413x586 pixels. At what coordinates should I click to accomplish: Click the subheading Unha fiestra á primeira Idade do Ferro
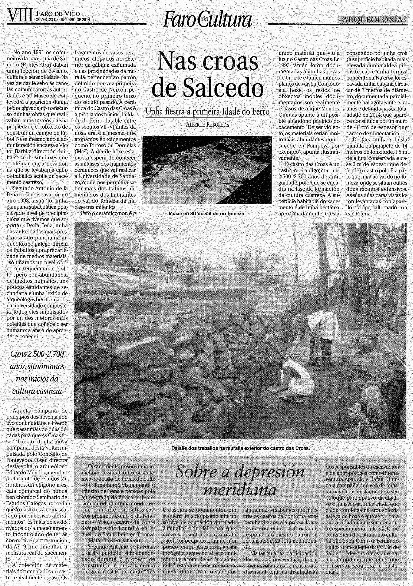(x=207, y=112)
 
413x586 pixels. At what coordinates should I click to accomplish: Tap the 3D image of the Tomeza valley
(x=207, y=170)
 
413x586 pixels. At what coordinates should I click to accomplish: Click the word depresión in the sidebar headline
(x=269, y=472)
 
